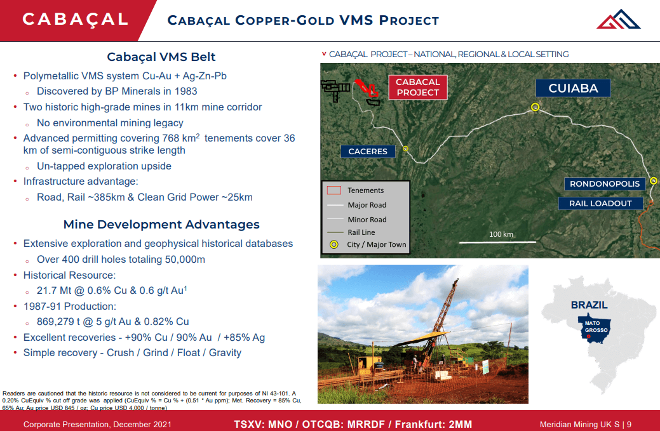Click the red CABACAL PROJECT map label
417,87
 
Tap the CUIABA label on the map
573,88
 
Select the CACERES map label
368,151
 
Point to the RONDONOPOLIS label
604,184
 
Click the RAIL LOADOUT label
600,203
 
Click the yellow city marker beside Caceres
405,149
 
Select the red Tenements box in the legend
334,190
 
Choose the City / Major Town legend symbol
334,244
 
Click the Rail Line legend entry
361,232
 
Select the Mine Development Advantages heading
161,224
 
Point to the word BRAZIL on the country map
589,305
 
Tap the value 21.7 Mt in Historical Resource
55,291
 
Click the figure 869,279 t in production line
64,322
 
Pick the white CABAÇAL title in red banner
75,19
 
